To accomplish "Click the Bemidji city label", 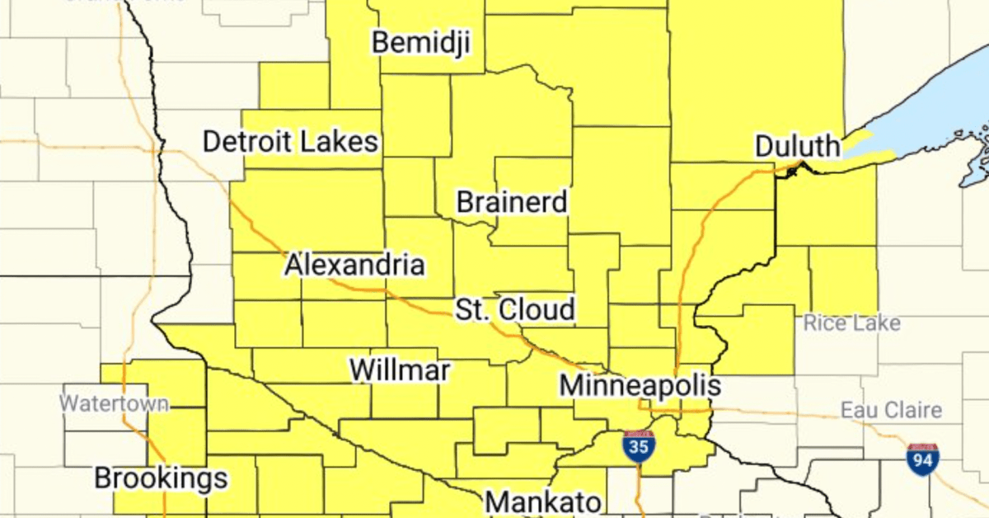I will coord(421,42).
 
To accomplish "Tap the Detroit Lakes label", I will coord(290,142).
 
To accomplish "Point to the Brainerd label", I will coord(512,201).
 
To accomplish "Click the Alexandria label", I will coord(355,265).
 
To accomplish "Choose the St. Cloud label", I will coord(515,310).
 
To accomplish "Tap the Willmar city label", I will coord(400,370).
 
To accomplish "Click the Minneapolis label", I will coord(640,384).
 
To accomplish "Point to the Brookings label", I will coord(160,478).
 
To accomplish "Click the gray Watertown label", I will coord(115,404).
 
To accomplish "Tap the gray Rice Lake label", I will coord(852,323).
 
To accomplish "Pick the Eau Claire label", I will coord(891,410).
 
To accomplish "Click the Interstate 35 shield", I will coord(639,445).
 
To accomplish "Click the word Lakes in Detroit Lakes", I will coord(340,142).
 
